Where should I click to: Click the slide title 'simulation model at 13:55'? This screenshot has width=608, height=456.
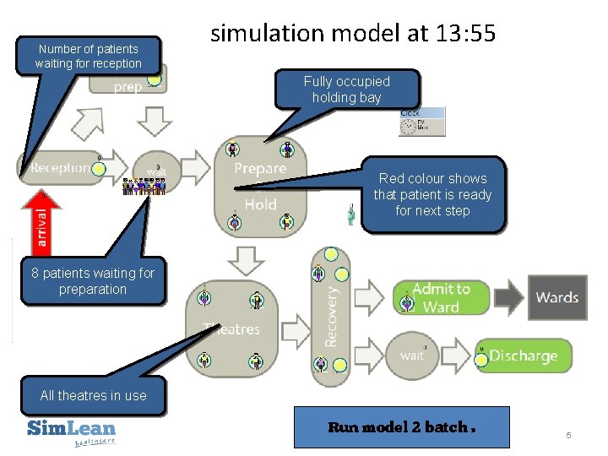coord(352,34)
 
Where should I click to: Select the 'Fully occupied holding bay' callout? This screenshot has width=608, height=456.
coord(346,89)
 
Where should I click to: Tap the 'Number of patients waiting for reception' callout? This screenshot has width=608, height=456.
coord(88,56)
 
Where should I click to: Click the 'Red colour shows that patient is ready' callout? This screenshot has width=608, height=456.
coord(432,194)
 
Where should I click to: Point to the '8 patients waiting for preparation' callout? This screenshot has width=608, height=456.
coord(93,280)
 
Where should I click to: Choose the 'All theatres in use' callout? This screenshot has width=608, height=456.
coord(93,395)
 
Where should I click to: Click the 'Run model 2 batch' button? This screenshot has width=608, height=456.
coord(401,426)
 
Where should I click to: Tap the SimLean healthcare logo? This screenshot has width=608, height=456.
coord(71,431)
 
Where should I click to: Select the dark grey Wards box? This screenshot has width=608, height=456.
coord(556,297)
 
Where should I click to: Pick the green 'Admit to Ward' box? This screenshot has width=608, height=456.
coord(440,297)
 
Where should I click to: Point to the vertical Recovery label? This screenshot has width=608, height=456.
coord(332,314)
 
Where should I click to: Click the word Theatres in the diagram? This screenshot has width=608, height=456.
coord(231,328)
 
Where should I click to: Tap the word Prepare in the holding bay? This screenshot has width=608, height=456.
coord(260,169)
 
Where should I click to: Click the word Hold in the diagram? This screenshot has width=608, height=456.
coord(260,204)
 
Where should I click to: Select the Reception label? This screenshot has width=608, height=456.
coord(59,168)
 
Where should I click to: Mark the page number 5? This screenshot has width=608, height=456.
coord(568,435)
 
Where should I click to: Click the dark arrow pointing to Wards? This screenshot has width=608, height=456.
coord(509,297)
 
